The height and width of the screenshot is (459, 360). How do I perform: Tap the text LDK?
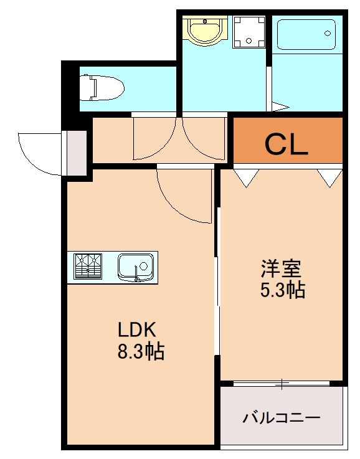click(x=136, y=329)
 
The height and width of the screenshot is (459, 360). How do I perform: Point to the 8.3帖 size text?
click(x=141, y=351)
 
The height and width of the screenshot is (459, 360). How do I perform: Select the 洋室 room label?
click(x=282, y=268)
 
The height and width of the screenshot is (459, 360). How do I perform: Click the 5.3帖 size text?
click(x=283, y=290)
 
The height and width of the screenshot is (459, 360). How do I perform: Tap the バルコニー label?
click(x=282, y=418)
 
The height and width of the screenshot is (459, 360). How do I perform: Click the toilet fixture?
click(x=102, y=88)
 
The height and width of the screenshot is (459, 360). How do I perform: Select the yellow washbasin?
click(x=205, y=31)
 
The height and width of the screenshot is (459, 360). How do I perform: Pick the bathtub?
click(x=306, y=34)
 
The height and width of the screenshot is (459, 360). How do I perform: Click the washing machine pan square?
click(x=249, y=32)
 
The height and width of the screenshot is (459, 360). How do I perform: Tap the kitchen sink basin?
click(x=136, y=267)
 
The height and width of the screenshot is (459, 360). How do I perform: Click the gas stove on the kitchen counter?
click(x=88, y=267)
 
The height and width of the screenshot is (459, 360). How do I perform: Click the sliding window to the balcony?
click(x=282, y=383)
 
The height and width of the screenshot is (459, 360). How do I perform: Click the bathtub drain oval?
click(x=328, y=34)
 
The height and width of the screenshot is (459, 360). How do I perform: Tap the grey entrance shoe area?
click(x=77, y=153)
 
